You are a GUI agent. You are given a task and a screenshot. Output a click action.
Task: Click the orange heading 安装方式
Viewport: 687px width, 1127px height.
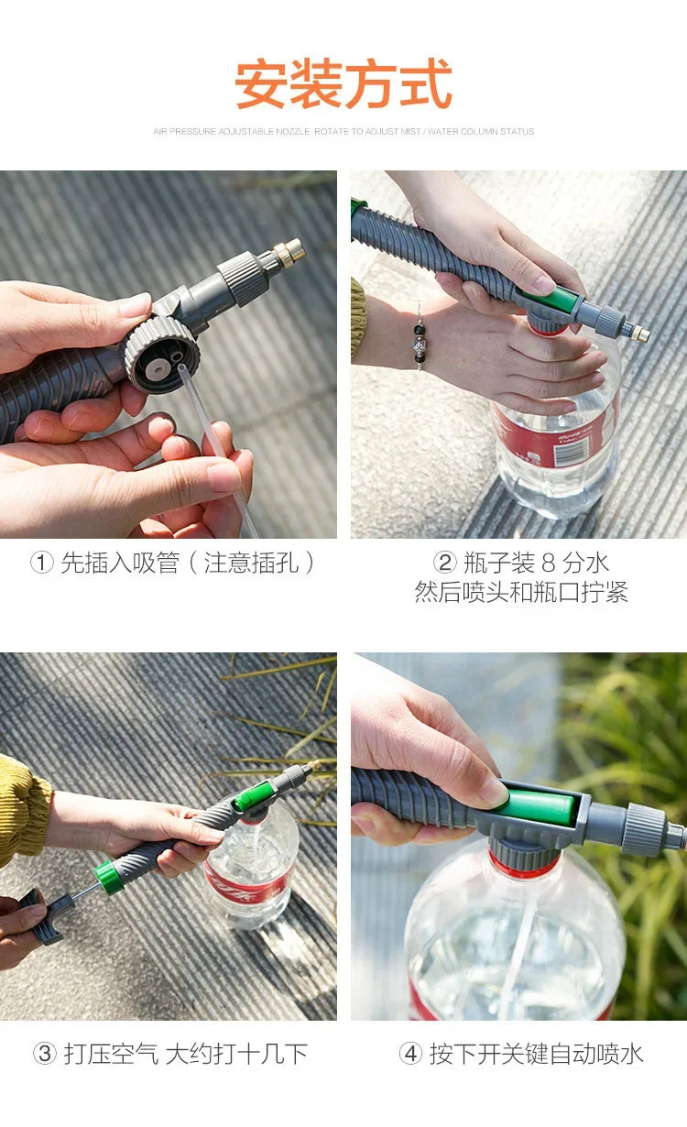pos(343,84)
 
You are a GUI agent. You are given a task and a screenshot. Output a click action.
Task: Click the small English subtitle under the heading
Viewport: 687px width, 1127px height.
pos(343,132)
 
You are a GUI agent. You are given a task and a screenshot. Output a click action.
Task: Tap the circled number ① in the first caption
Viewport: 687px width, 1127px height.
pos(42,563)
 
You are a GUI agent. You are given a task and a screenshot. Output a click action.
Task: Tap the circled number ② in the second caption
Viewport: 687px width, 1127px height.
pos(445,563)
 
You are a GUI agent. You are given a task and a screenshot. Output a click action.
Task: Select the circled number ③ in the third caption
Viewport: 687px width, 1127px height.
pos(45,1054)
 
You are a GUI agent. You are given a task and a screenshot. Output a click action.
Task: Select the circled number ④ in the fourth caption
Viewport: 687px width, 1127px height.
pos(410,1054)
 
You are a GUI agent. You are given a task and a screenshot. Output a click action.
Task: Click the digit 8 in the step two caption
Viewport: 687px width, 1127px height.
pos(548,563)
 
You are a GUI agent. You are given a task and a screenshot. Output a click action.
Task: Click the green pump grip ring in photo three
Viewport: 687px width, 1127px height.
pos(109,878)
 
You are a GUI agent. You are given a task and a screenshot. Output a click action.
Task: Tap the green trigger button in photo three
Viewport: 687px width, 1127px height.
pos(254,796)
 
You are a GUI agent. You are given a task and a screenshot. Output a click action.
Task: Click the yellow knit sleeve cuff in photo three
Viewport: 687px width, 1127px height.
pos(24,811)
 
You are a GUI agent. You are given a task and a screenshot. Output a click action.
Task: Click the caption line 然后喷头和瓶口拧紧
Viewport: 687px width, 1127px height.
pos(521,592)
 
